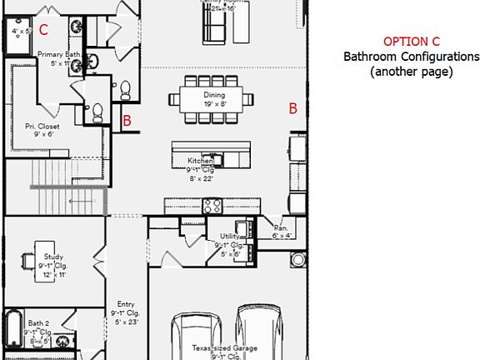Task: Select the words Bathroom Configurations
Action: pos(412,57)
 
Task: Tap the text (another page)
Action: pos(412,72)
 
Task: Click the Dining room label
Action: pos(214,95)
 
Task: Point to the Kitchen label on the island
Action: pos(201,159)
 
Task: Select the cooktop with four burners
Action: pos(212,205)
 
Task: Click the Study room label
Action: pos(54,257)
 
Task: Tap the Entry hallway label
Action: pos(126,304)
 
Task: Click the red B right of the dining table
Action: pos(292,107)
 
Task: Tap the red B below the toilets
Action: pos(127,121)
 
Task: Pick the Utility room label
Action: pos(230,237)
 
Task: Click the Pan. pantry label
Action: pos(281,227)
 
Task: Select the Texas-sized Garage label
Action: pos(225,348)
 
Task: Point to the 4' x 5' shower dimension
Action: pos(21,31)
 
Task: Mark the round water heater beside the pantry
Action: pos(297,259)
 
